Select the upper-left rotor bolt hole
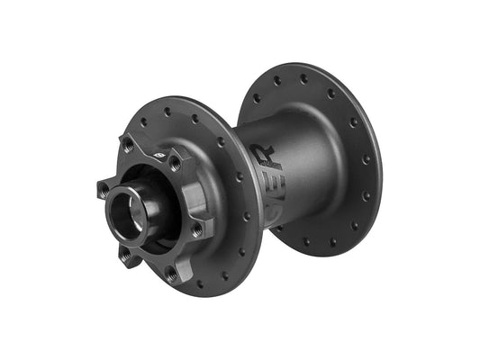pyautogui.click(x=128, y=144)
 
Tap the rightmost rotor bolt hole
pyautogui.click(x=196, y=229)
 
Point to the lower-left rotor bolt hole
pyautogui.click(x=124, y=255)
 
